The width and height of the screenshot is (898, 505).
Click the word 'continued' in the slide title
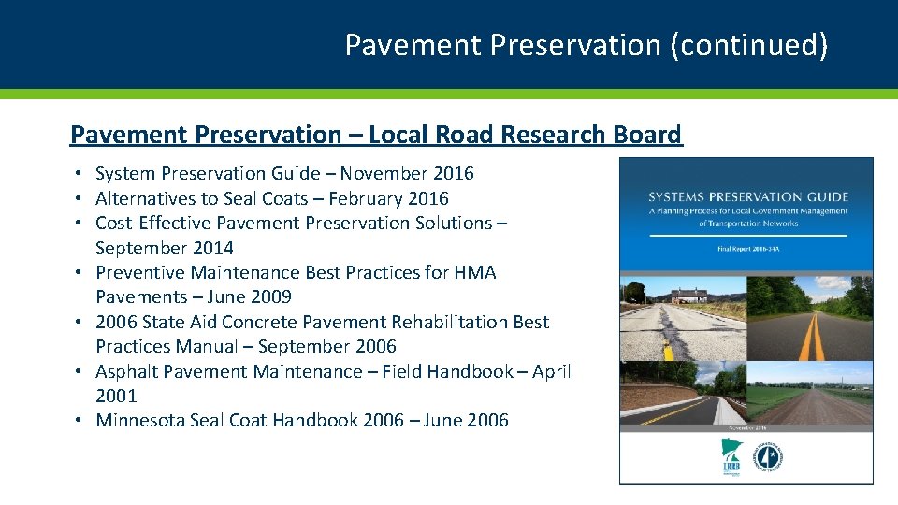tap(745, 45)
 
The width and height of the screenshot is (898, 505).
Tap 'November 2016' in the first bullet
tap(407, 173)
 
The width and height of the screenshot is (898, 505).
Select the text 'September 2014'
tap(164, 248)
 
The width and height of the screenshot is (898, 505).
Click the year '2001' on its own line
tap(116, 396)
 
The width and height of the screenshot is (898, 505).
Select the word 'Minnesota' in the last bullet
tap(139, 420)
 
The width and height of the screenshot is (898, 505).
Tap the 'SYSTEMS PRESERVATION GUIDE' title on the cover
tap(747, 197)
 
